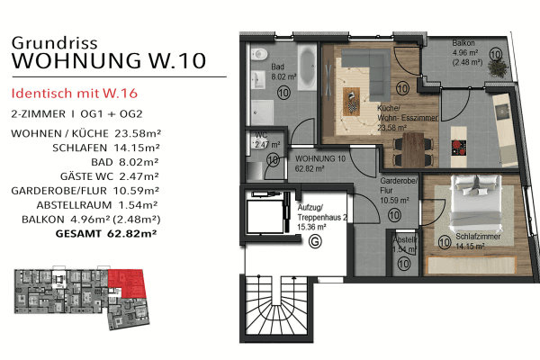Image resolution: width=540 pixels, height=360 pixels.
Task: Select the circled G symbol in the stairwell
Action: coord(314,240)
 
